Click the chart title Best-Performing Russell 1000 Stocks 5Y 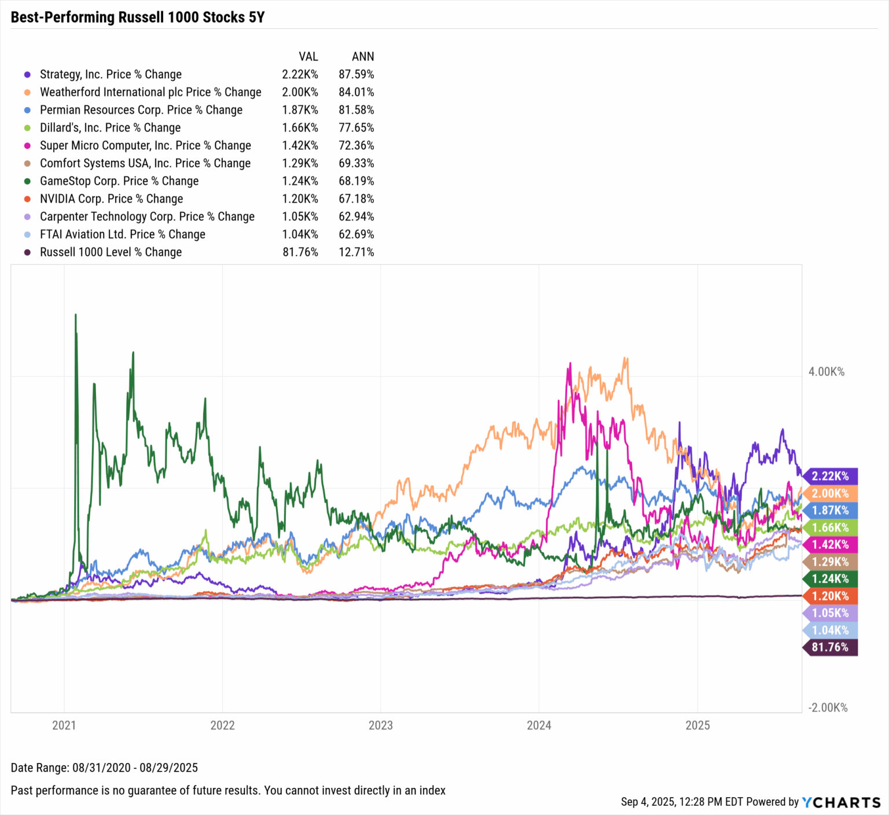click(138, 17)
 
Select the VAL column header click(308, 57)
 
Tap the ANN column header click(363, 57)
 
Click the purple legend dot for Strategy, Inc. click(27, 75)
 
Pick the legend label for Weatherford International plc click(150, 93)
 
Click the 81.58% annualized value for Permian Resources click(357, 110)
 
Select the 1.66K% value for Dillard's click(300, 128)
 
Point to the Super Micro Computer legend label click(145, 146)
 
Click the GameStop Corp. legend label click(119, 181)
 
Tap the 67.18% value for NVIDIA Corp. click(357, 199)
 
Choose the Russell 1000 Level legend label click(111, 252)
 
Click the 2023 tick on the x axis click(380, 725)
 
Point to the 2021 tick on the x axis click(64, 725)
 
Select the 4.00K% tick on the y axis click(826, 372)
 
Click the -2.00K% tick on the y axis click(828, 708)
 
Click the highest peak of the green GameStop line click(76, 316)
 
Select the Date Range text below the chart click(104, 768)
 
